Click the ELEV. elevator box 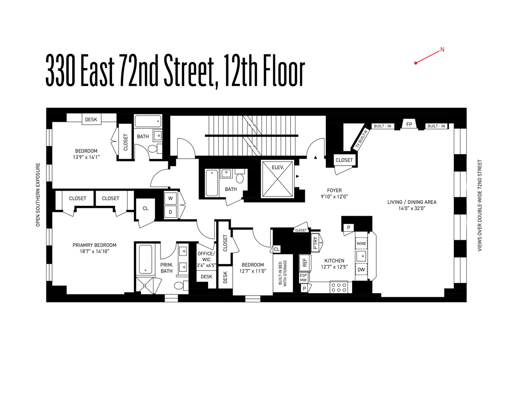[277, 179]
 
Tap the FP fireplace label [409, 124]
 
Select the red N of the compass [442, 50]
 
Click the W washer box [170, 198]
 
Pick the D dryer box [170, 212]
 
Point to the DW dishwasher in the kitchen [361, 270]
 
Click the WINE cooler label [361, 244]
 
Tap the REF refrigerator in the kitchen [305, 262]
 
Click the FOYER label [334, 190]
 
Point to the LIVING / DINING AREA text [412, 202]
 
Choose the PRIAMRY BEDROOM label [94, 245]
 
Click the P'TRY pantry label [315, 243]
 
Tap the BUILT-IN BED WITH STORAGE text [282, 273]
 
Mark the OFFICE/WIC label [206, 256]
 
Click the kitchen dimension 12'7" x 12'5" [334, 267]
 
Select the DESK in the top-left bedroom [91, 119]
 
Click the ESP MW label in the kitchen [303, 278]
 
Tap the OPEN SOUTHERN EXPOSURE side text [38, 195]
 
